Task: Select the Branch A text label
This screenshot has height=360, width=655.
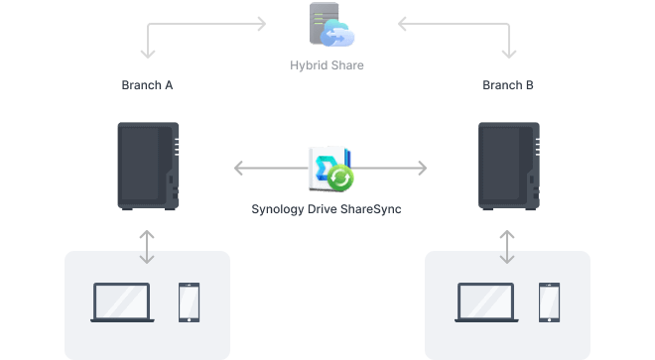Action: [x=147, y=86]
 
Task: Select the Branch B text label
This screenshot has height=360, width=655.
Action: [x=508, y=86]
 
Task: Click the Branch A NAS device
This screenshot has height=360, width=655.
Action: [x=148, y=166]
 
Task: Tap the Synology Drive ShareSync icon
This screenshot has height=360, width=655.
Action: [x=330, y=168]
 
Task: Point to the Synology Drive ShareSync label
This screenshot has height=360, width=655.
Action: [x=327, y=209]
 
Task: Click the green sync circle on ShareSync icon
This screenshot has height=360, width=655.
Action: [x=341, y=179]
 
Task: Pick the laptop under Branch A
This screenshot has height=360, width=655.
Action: [x=120, y=302]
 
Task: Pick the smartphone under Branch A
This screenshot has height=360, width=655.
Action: [x=190, y=302]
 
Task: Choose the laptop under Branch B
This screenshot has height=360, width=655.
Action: [x=485, y=302]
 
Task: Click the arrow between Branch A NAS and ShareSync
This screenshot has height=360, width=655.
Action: [x=268, y=168]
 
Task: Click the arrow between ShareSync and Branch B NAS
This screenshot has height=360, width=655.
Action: [x=392, y=168]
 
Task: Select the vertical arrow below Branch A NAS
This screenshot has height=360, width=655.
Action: [x=147, y=247]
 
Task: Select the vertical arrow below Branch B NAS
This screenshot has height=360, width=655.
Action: [x=508, y=247]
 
